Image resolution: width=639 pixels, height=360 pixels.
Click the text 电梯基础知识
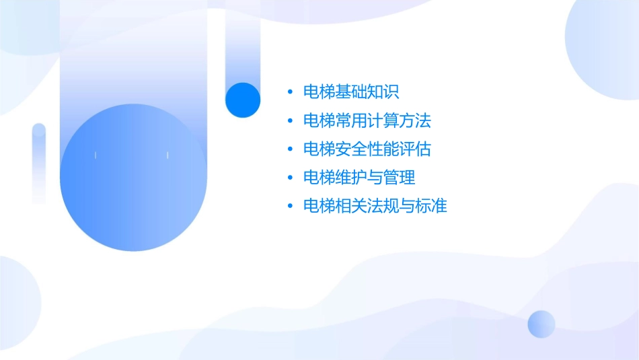[352, 92]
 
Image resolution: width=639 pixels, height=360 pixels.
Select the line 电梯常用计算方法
[367, 121]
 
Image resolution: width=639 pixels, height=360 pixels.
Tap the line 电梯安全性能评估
[367, 149]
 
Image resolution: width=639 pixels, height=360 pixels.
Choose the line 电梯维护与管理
[359, 178]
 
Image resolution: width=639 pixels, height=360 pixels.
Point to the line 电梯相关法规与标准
[375, 206]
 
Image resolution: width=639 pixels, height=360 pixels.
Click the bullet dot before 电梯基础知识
[290, 92]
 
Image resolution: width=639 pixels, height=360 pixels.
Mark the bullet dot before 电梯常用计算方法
[290, 121]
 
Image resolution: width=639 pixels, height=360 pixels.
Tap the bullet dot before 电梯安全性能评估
[290, 149]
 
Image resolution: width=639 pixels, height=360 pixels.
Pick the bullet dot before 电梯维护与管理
[290, 178]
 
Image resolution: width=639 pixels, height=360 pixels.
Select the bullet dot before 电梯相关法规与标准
[290, 206]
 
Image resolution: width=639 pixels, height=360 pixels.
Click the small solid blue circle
[243, 100]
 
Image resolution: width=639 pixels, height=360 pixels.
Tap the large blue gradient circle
[133, 178]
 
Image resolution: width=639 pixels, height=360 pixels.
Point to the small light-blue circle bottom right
[541, 324]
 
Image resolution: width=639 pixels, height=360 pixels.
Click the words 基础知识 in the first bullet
[367, 92]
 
